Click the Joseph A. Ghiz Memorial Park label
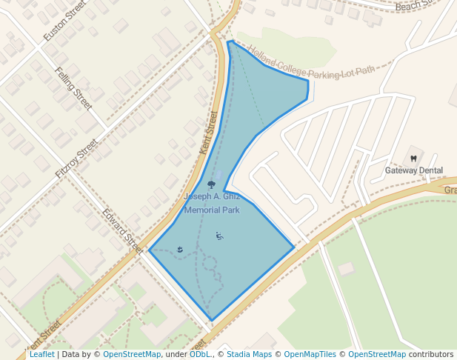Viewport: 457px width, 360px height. (212, 204)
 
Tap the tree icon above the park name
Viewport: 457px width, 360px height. (212, 184)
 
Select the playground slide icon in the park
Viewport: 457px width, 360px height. (219, 236)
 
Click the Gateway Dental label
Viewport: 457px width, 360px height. (414, 170)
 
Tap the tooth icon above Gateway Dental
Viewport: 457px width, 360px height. (413, 158)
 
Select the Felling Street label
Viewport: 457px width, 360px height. (73, 88)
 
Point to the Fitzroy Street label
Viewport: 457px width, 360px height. (76, 158)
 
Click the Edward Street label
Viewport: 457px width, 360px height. (122, 229)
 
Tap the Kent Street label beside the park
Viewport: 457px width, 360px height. (210, 133)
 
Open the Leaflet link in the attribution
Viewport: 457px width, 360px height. (41, 355)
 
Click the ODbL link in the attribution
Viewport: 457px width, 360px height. (200, 355)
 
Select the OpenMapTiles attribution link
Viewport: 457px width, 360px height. (310, 355)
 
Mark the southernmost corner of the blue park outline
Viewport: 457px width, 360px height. (213, 321)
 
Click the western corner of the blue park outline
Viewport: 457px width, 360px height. (150, 250)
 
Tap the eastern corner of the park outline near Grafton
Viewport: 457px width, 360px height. (294, 247)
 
